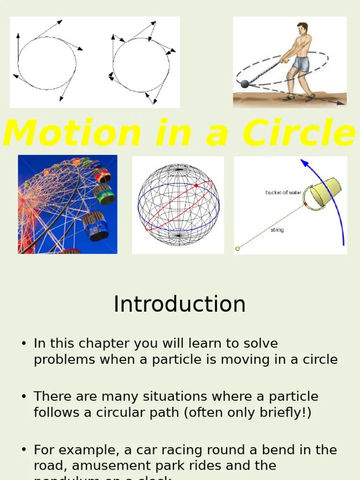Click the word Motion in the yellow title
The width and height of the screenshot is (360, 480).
pyautogui.click(x=72, y=133)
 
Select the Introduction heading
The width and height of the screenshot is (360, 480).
pyautogui.click(x=180, y=304)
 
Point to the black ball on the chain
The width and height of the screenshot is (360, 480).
pyautogui.click(x=245, y=84)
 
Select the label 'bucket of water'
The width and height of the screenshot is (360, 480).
pyautogui.click(x=283, y=193)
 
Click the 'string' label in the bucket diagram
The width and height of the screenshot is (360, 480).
pyautogui.click(x=277, y=230)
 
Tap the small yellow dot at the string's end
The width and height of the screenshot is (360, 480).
pyautogui.click(x=238, y=248)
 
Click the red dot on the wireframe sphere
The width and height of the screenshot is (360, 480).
pyautogui.click(x=196, y=186)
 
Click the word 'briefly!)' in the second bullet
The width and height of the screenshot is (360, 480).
pyautogui.click(x=288, y=412)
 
